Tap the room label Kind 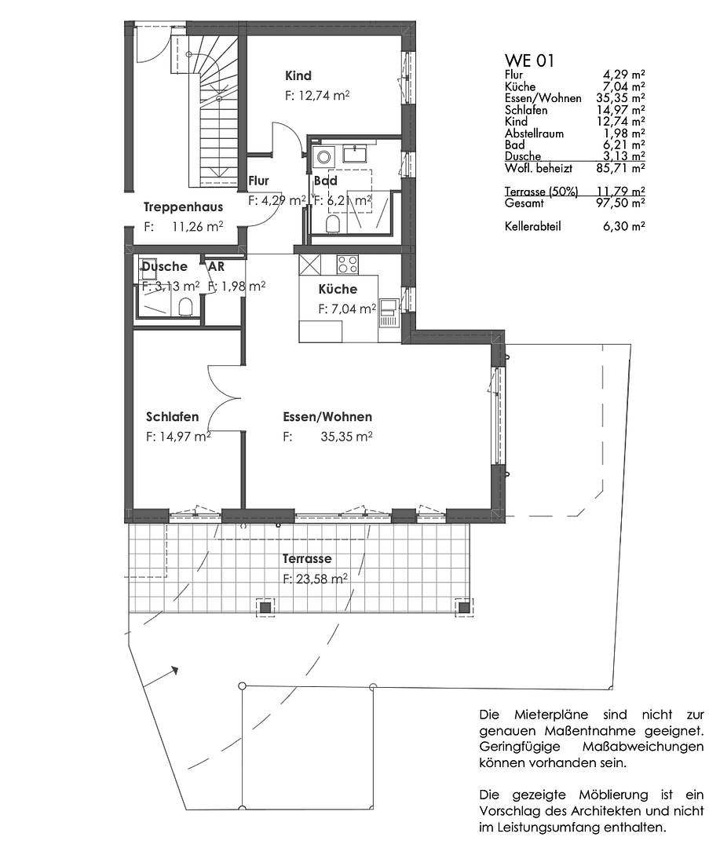click(298, 76)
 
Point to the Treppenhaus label click(183, 207)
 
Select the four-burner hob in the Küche click(348, 263)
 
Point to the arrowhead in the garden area click(174, 671)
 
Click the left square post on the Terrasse click(265, 607)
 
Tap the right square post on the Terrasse click(465, 606)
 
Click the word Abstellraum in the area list click(534, 133)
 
